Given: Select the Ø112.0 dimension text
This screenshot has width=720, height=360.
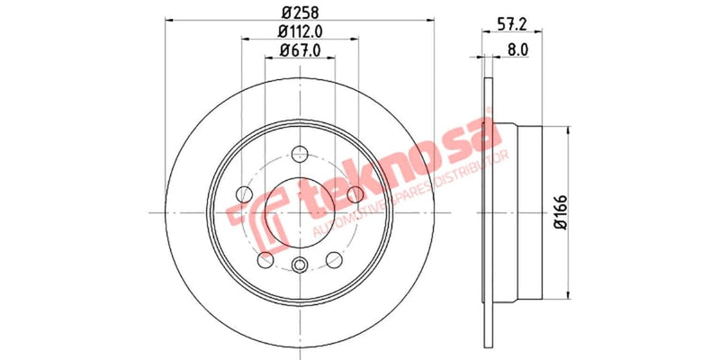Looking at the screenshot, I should point(301,32).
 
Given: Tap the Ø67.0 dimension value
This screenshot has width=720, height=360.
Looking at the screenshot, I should point(301,51).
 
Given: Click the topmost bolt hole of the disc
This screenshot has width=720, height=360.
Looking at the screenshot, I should point(301,153).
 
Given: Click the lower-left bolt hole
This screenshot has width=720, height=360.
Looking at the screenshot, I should point(265,260).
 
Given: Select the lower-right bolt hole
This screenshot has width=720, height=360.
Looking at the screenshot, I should point(335,260).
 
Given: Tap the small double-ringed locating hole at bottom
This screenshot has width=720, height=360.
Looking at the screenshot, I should point(301,264).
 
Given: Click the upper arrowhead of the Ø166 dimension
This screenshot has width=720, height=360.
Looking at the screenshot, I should point(569,131).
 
